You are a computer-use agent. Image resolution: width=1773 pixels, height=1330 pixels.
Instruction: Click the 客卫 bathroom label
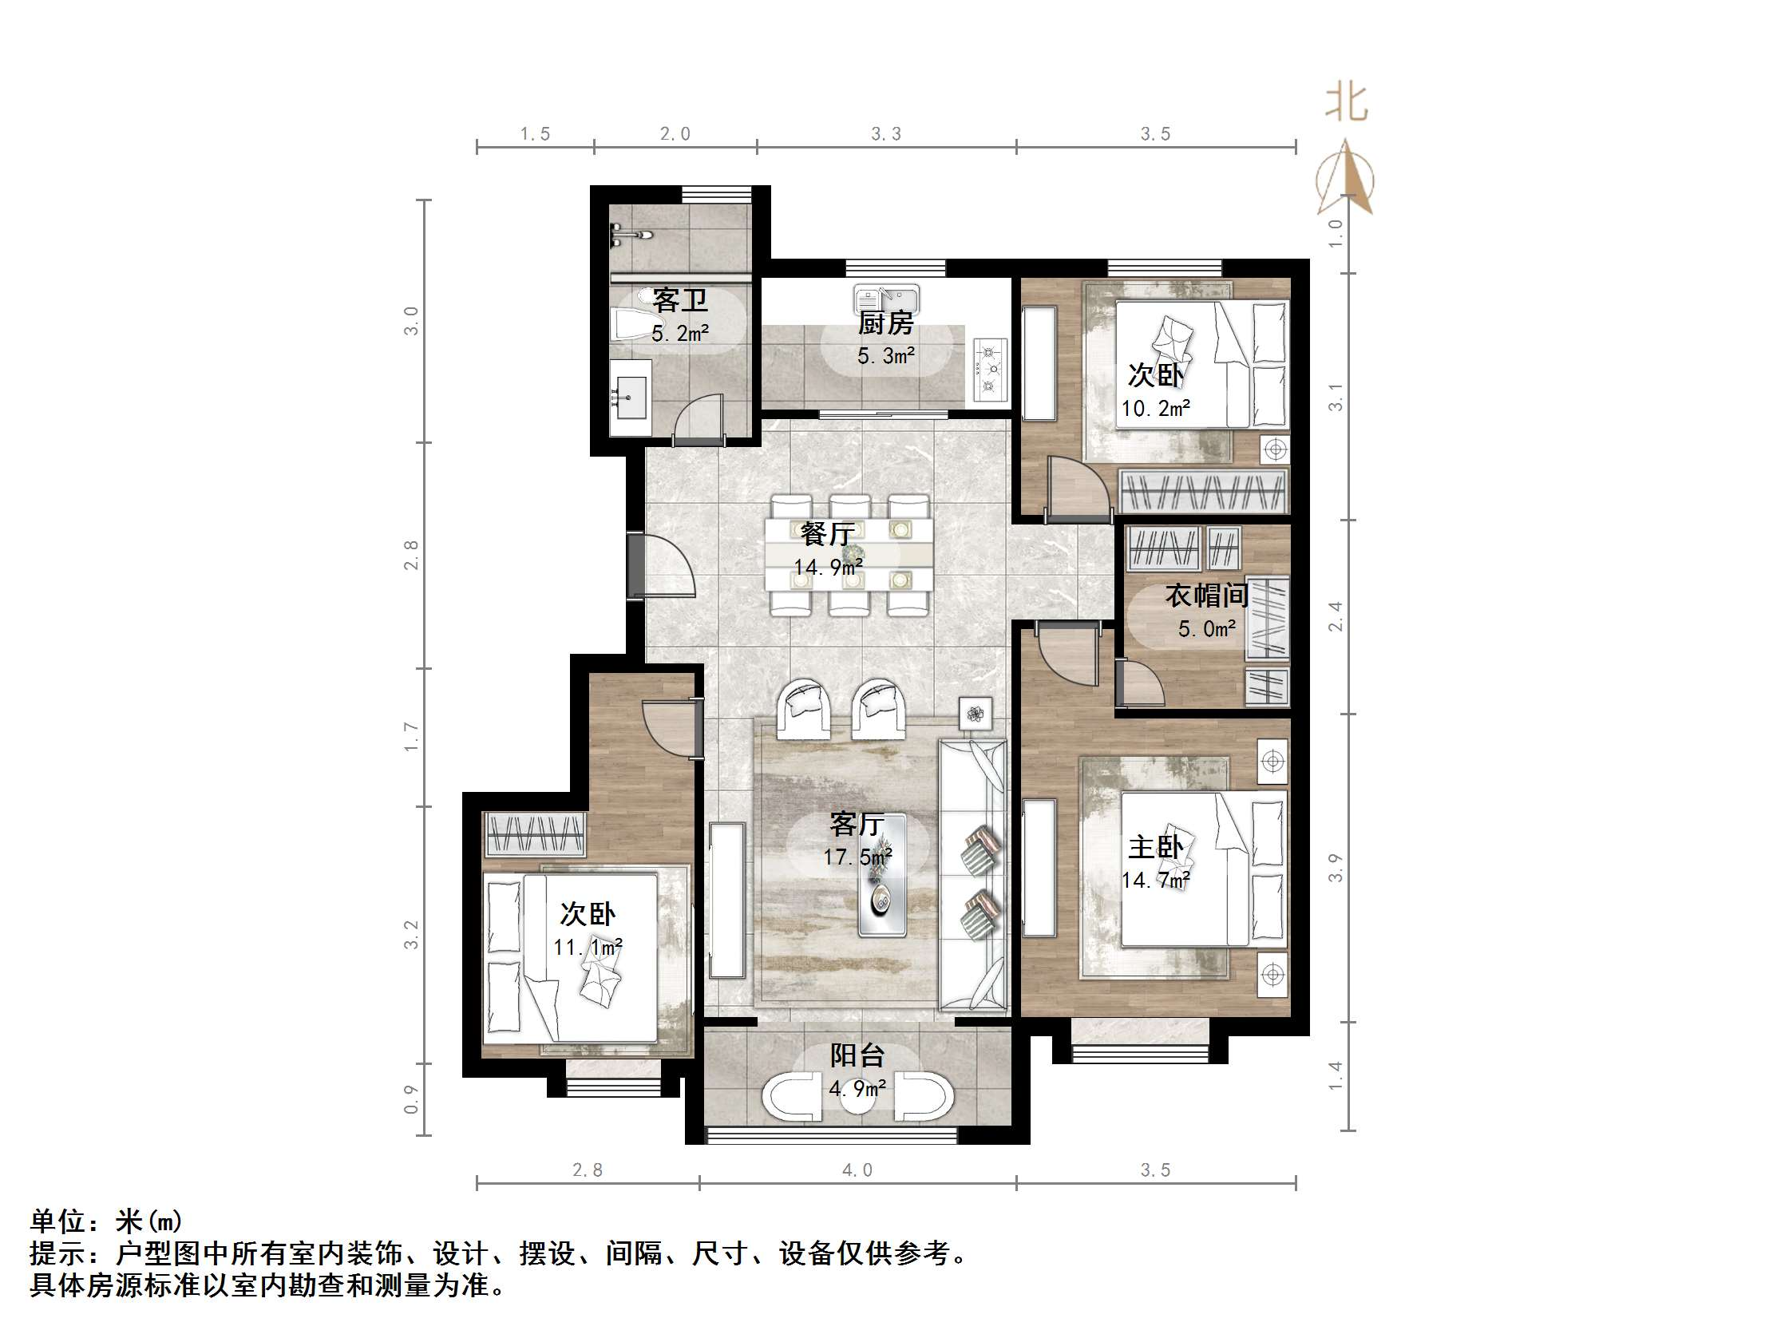(679, 301)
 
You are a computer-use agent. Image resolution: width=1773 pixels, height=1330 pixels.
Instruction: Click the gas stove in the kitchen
(991, 369)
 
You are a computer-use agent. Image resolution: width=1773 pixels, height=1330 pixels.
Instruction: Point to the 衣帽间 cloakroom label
(1206, 596)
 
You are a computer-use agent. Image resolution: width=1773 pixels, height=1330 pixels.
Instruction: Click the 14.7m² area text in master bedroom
(1155, 881)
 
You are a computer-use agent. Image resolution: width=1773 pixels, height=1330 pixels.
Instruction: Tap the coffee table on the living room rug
(881, 876)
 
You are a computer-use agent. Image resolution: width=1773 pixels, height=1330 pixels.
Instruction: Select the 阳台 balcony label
(857, 1055)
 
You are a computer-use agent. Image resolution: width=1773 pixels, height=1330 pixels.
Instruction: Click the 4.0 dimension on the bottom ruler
(857, 1170)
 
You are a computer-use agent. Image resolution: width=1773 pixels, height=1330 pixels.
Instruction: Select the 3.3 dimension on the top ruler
(885, 134)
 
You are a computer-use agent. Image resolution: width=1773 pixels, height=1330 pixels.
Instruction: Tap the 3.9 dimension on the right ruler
(1336, 869)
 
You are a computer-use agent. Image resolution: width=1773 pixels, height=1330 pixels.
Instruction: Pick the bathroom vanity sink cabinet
(631, 397)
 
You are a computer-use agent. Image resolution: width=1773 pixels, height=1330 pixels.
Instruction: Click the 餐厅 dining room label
(827, 533)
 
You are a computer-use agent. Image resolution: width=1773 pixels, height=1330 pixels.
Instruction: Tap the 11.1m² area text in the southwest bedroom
(588, 948)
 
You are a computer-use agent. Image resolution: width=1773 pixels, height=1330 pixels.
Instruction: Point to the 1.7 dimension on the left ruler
(411, 737)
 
